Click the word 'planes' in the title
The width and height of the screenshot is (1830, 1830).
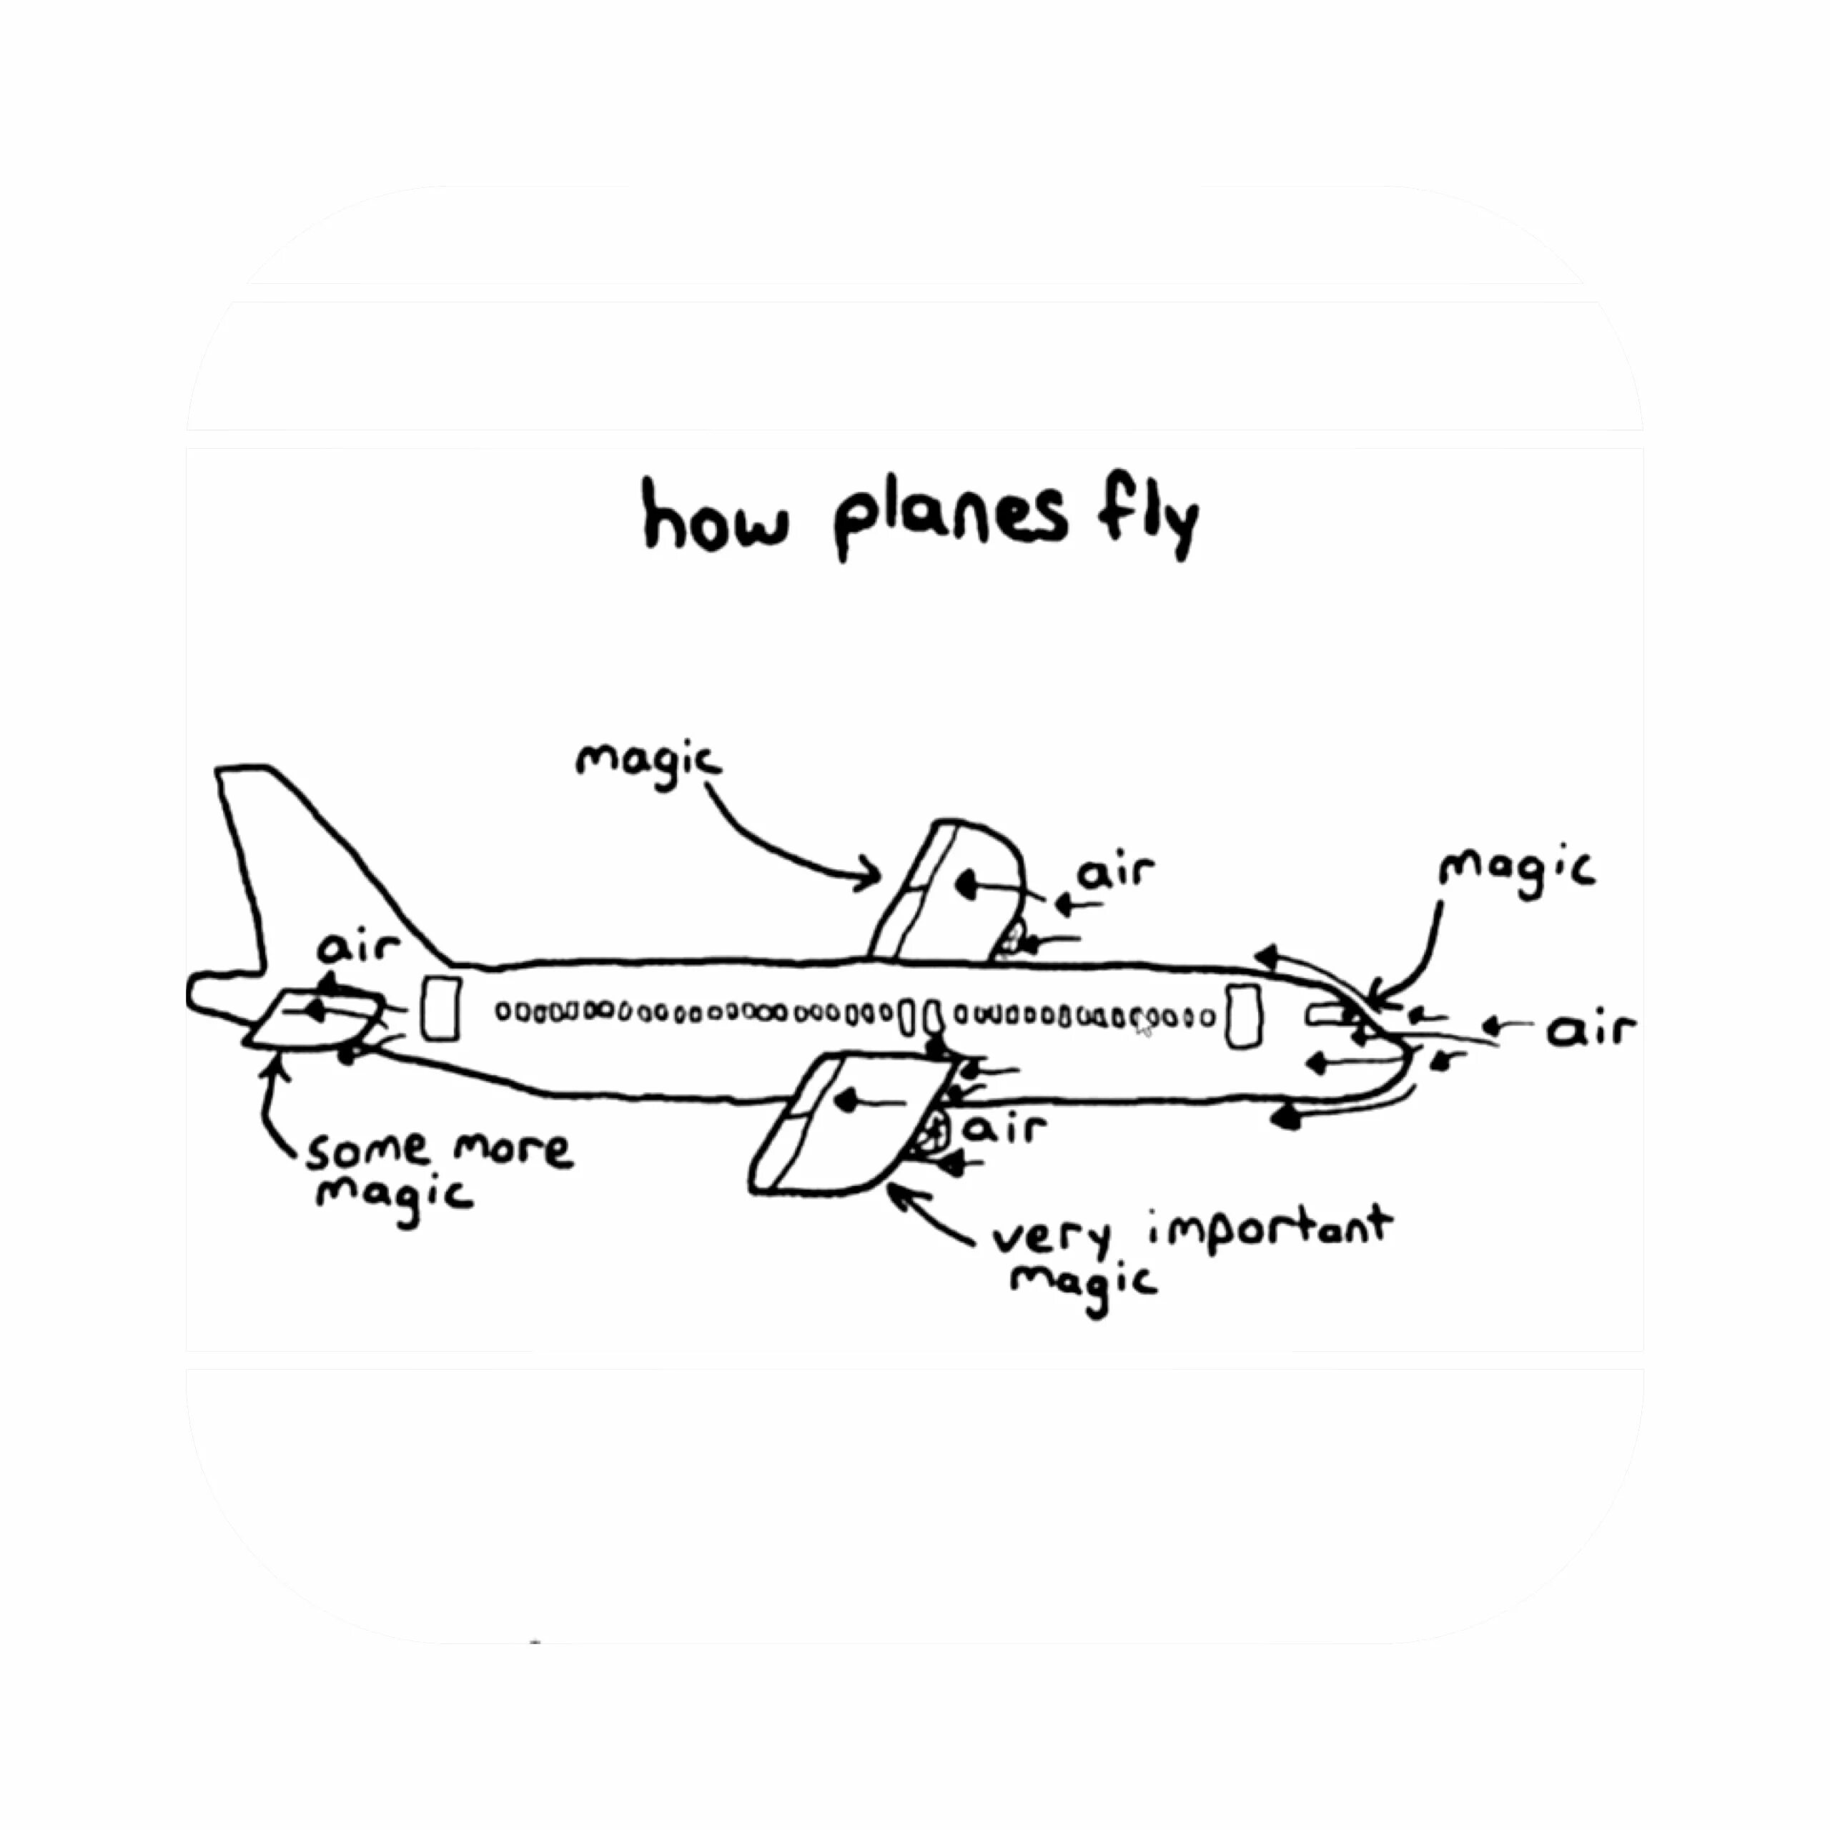coord(950,518)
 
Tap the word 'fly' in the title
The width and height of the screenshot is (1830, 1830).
coord(1148,518)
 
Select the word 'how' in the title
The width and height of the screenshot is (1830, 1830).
coord(714,518)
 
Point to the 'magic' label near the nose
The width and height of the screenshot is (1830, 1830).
coord(1515,871)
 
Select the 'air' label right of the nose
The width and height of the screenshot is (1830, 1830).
coord(1591,1029)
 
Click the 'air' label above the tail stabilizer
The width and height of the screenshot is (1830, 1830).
coord(358,947)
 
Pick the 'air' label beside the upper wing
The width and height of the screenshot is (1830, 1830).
coord(1116,871)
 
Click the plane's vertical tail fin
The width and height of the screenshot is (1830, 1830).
coord(303,871)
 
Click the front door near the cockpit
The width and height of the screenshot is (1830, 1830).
coord(1244,1015)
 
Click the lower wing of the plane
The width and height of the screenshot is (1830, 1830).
coord(843,1122)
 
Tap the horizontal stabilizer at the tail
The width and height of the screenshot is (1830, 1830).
coord(312,1021)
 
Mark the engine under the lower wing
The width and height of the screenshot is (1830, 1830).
coord(933,1134)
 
